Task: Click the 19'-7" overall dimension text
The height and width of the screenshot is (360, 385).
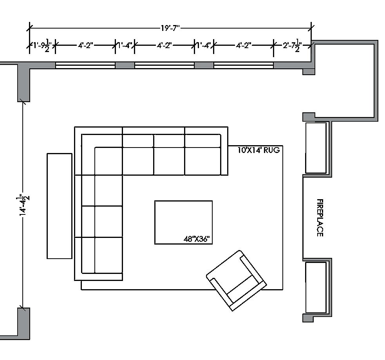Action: [x=170, y=28]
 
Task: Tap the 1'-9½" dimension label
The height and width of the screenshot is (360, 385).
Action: [x=42, y=45]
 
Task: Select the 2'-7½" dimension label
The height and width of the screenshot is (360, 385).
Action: [x=292, y=46]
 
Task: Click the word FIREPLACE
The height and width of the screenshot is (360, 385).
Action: [x=320, y=218]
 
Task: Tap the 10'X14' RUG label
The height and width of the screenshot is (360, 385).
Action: [x=259, y=150]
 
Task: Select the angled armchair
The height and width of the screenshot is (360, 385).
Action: [x=236, y=280]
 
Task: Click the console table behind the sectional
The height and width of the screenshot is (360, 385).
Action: [x=60, y=206]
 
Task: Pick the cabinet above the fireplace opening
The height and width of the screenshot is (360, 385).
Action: [x=316, y=148]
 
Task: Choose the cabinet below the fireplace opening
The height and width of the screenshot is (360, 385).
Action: [x=316, y=287]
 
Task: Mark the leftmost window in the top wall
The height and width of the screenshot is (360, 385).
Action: [x=85, y=65]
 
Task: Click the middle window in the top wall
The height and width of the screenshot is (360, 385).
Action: [x=164, y=65]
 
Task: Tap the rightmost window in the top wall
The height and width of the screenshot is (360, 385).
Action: [x=243, y=65]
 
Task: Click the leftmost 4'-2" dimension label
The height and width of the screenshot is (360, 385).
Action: [x=85, y=45]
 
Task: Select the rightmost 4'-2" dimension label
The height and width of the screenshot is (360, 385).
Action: [x=243, y=45]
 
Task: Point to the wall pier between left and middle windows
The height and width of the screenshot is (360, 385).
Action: [x=125, y=65]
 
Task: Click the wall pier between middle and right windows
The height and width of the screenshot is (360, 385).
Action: [x=204, y=65]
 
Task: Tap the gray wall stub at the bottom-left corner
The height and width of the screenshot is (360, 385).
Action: [x=23, y=323]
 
